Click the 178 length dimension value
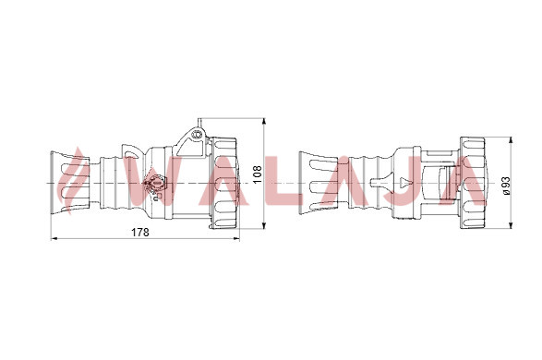140,233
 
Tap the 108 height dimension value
258,174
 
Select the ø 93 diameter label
506,186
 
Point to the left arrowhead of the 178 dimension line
54,238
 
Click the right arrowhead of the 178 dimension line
236,238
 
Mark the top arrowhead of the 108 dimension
264,121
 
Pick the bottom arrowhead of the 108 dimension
264,225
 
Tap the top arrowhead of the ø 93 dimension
512,140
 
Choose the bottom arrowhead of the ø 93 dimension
512,225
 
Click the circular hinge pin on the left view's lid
198,134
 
